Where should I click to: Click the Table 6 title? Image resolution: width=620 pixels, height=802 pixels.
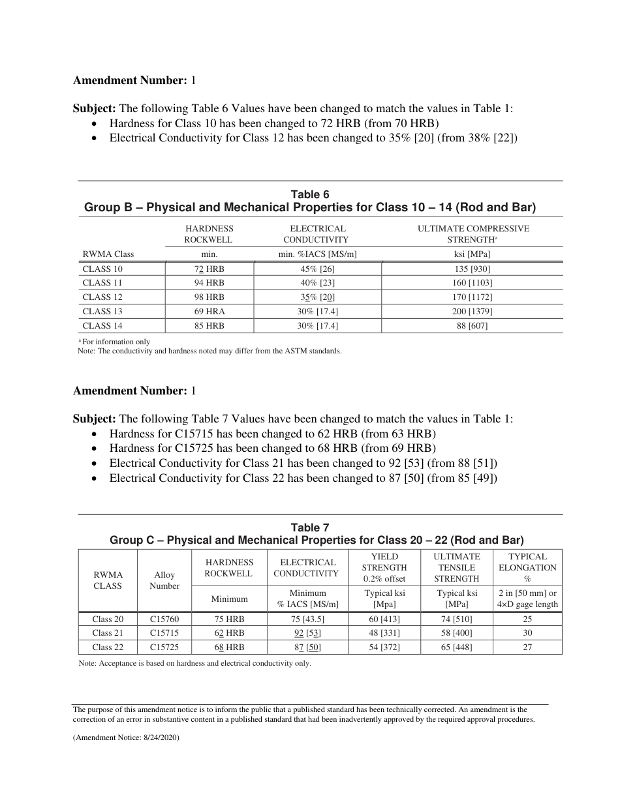[x=310, y=194]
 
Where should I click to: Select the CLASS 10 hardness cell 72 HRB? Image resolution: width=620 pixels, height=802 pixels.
[x=209, y=269]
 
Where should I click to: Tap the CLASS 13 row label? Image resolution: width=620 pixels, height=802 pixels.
[x=102, y=312]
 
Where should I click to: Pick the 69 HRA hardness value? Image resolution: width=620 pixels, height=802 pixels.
[x=209, y=312]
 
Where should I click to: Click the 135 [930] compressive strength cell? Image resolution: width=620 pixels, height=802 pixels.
[x=472, y=269]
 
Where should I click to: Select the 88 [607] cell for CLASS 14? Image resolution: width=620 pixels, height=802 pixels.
[x=472, y=326]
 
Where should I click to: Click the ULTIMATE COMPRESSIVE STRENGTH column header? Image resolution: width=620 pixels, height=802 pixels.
[x=473, y=234]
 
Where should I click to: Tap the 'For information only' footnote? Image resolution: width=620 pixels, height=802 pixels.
[x=116, y=342]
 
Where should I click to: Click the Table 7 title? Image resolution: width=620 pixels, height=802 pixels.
[x=310, y=527]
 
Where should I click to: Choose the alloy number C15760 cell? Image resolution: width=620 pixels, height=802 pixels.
[x=164, y=619]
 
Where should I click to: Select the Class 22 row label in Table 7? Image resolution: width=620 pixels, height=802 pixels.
[x=108, y=647]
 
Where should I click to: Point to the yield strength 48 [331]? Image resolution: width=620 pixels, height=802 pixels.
[x=384, y=633]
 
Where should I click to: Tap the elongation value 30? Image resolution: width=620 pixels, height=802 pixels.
[x=527, y=633]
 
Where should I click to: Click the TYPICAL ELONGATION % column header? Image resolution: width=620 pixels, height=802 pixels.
[x=527, y=567]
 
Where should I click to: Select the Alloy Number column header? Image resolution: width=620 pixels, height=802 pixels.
[x=164, y=580]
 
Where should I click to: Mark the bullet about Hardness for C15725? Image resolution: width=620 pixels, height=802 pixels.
[x=272, y=448]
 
